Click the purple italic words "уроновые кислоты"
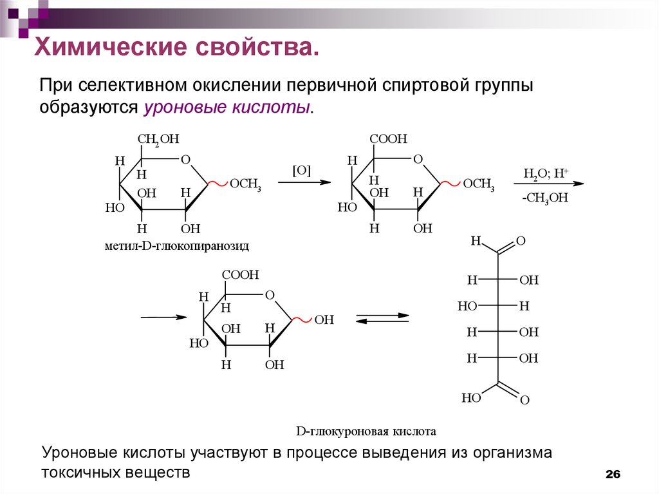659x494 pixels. click(228, 107)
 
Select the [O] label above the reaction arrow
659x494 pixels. click(301, 171)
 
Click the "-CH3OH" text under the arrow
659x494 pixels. click(545, 198)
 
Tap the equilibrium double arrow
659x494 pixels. click(383, 319)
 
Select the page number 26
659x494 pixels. click(612, 475)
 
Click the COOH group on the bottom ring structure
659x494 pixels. click(241, 275)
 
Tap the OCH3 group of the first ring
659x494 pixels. click(246, 185)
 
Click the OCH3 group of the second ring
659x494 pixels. click(479, 185)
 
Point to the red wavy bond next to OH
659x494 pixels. click(303, 318)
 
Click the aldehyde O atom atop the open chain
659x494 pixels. click(521, 242)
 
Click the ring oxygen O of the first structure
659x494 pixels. click(185, 160)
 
